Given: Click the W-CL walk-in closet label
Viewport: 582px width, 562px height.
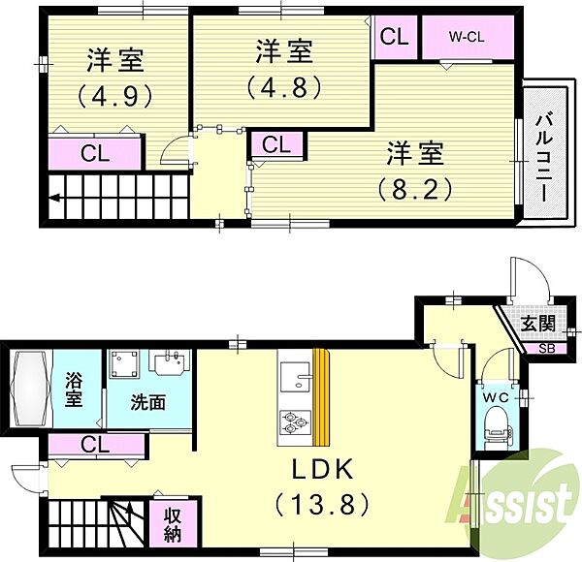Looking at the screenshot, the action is click(x=467, y=36).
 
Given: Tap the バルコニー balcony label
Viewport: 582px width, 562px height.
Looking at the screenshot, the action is click(x=545, y=158).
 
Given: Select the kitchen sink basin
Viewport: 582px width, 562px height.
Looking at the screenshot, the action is click(x=296, y=377).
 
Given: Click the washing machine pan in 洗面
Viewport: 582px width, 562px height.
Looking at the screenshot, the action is click(x=124, y=363).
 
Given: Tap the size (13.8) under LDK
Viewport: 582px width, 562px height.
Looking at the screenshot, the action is click(x=322, y=504).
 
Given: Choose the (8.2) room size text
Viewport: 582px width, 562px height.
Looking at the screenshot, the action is click(x=414, y=190).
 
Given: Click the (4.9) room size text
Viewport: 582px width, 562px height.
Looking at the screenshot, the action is click(x=115, y=95).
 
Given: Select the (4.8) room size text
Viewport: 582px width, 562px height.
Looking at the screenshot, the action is click(x=283, y=87).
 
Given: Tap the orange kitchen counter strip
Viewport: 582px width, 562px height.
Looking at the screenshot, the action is click(x=321, y=397).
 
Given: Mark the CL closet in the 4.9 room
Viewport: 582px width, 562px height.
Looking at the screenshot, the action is click(x=95, y=153).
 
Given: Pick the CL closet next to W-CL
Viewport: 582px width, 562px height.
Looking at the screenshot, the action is click(x=394, y=37).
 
